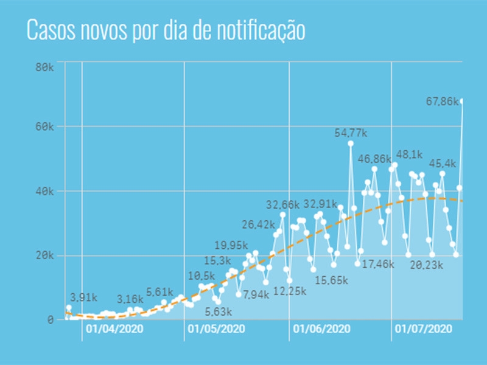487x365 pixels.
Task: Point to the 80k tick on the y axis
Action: (45, 66)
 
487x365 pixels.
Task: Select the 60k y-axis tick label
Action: (45, 127)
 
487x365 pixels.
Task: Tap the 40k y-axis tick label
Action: (45, 192)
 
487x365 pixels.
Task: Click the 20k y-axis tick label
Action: (45, 255)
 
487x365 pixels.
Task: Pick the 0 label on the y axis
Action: (51, 320)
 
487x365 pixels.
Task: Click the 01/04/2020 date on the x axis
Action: (114, 329)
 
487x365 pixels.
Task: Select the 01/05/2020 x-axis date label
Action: (217, 329)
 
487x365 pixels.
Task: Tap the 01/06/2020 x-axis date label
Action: (321, 329)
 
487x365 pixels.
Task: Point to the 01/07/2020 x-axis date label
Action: (424, 329)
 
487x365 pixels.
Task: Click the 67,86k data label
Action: (443, 102)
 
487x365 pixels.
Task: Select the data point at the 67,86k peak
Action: (462, 101)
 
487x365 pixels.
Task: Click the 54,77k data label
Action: (351, 133)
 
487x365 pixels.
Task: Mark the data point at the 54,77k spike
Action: (351, 144)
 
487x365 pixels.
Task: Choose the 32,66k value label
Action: (283, 204)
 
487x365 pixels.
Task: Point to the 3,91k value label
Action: (84, 298)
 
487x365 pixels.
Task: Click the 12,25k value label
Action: (290, 291)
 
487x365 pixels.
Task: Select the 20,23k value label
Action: (426, 265)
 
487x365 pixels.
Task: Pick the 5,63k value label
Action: (218, 311)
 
